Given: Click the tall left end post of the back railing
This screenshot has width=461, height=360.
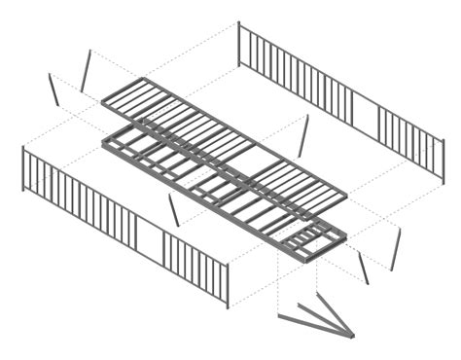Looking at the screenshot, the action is click(x=239, y=44).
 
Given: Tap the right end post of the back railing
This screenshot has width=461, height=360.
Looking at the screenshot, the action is click(x=443, y=161).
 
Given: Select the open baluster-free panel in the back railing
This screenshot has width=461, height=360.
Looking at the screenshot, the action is click(x=365, y=116).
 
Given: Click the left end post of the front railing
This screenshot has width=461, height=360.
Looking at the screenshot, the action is click(x=23, y=168).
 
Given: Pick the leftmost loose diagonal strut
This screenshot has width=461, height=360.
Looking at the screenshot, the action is click(x=53, y=90).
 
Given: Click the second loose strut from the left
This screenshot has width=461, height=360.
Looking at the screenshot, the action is click(x=87, y=70).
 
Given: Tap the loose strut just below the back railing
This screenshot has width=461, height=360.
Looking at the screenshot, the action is click(x=304, y=136).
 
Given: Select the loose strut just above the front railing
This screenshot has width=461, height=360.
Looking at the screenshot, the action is click(x=174, y=210).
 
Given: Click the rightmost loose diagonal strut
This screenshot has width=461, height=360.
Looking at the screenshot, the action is click(x=395, y=250).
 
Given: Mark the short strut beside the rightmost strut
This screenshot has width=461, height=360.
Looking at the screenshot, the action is click(x=363, y=268).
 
